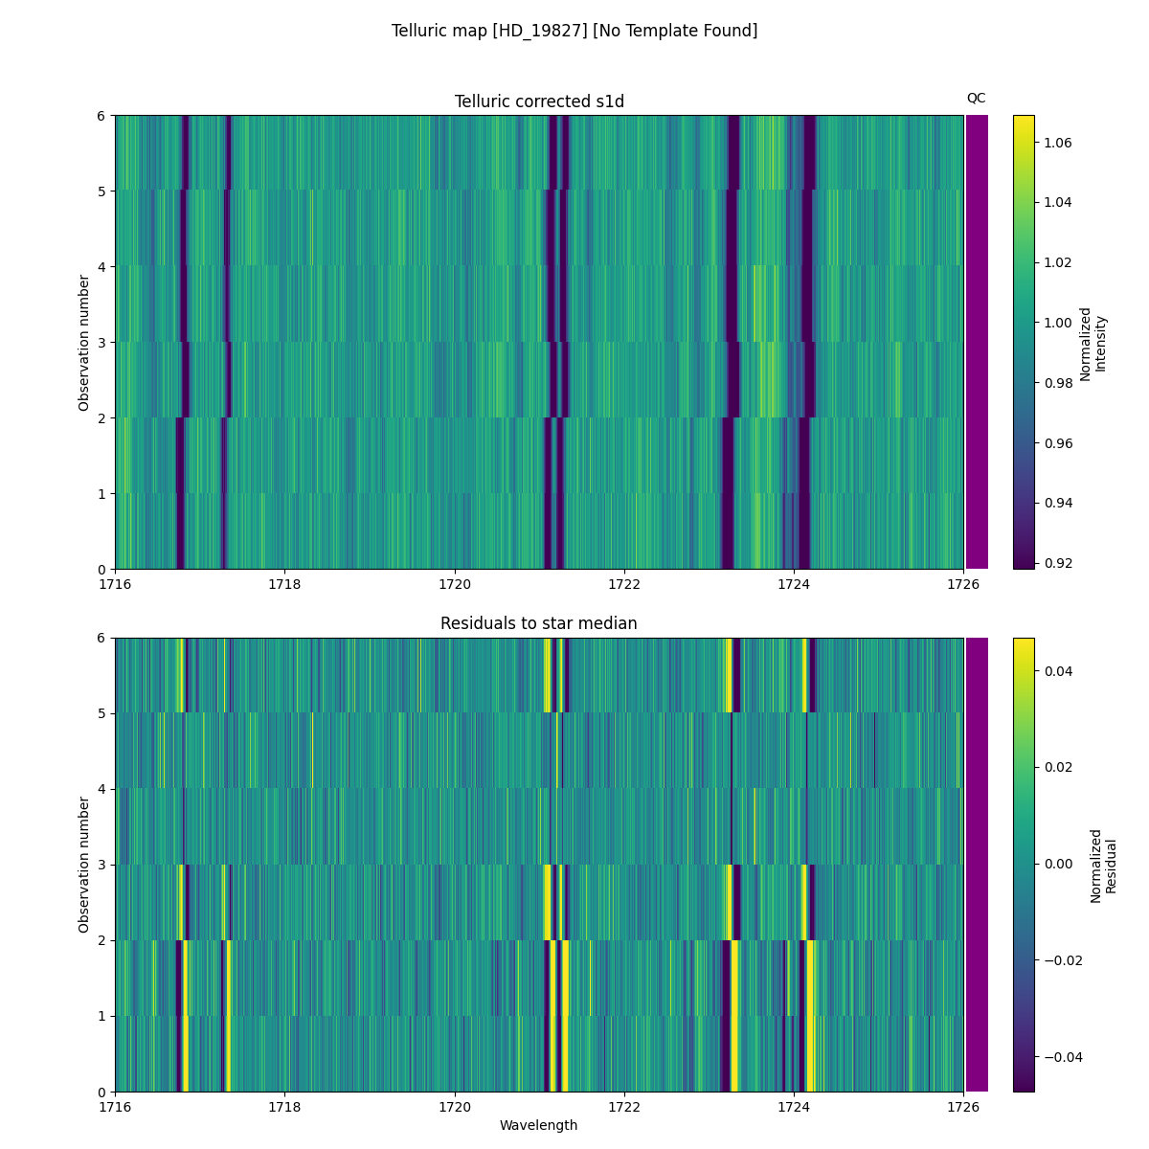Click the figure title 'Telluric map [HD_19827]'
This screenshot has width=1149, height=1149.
click(x=574, y=31)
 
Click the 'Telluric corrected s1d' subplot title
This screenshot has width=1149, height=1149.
click(x=539, y=101)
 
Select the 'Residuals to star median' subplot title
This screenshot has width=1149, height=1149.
click(x=539, y=623)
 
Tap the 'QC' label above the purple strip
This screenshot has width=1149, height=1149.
click(x=976, y=98)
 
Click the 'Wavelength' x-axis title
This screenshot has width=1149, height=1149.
click(x=539, y=1125)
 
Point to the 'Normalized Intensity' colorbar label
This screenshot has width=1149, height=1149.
click(x=1093, y=343)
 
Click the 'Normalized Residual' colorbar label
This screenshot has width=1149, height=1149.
click(x=1103, y=866)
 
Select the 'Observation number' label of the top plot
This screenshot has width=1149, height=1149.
click(x=84, y=342)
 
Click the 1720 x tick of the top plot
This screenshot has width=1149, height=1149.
click(x=455, y=584)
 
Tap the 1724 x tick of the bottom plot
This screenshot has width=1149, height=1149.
click(x=794, y=1107)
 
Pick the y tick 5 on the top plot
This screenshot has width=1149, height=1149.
click(x=101, y=191)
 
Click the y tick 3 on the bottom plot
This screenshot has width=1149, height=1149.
click(x=101, y=865)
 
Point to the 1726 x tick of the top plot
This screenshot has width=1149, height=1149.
click(x=963, y=584)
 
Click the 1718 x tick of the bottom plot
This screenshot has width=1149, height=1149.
click(x=284, y=1107)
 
